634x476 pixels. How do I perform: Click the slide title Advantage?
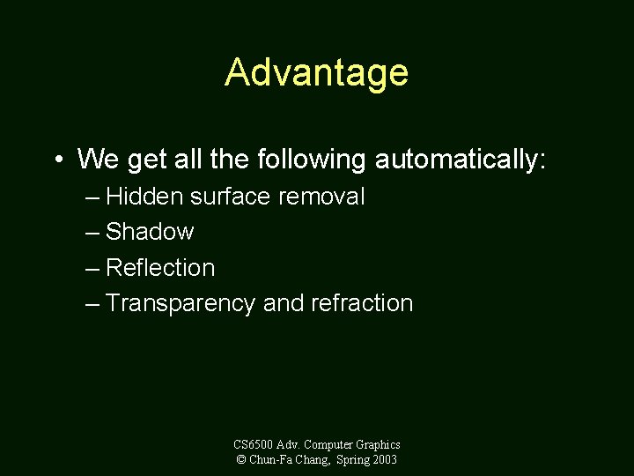tap(316, 72)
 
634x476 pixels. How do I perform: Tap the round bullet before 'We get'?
tap(57, 160)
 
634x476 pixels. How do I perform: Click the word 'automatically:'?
tap(461, 160)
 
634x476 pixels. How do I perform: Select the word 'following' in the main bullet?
tap(313, 160)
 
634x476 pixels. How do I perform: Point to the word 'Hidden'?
tap(144, 197)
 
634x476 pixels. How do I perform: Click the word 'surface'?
tap(231, 197)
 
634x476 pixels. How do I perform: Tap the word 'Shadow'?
tap(150, 232)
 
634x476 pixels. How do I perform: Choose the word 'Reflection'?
tap(160, 268)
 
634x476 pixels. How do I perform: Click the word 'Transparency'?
tap(181, 303)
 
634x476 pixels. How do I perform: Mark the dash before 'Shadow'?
tap(93, 233)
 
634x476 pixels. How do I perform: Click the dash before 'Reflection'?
tap(93, 269)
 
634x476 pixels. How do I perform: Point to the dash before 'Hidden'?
tap(93, 197)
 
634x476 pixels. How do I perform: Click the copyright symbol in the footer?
tap(240, 460)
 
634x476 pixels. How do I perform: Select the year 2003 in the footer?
tap(385, 460)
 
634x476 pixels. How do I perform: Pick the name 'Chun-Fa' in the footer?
tap(269, 460)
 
